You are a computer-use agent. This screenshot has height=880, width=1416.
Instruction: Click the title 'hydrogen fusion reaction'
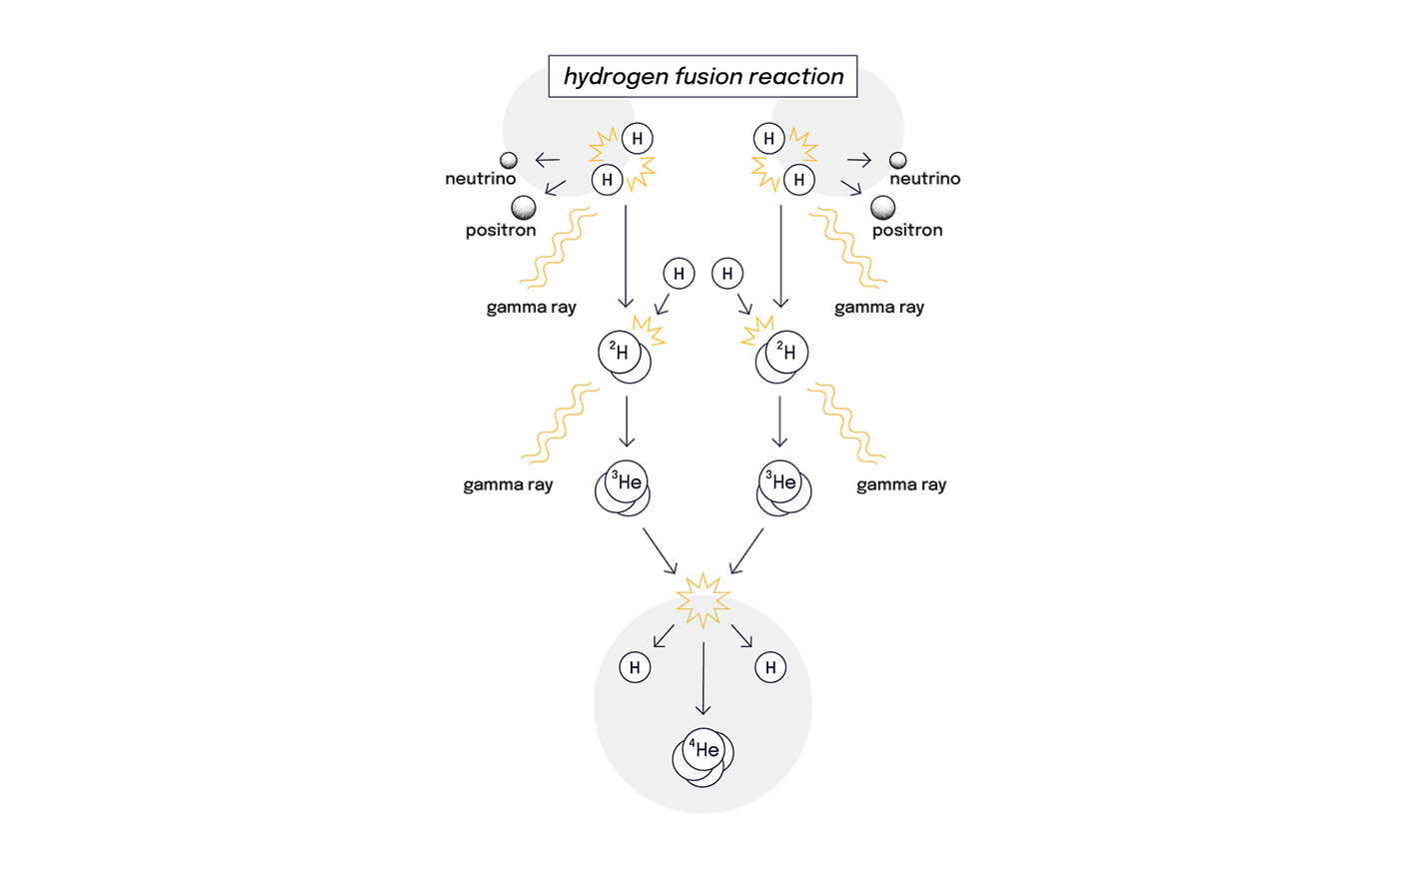(x=703, y=76)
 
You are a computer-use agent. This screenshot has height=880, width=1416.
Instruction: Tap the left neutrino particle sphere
(x=509, y=160)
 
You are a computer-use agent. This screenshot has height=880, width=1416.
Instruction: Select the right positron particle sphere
(x=882, y=208)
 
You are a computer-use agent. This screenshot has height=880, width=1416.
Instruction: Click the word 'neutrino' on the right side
(x=924, y=179)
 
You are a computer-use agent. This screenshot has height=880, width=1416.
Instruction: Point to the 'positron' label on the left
(x=501, y=230)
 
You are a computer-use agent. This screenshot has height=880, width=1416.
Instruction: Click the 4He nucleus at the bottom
(x=704, y=756)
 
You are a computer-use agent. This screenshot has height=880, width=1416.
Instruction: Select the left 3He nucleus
(x=623, y=487)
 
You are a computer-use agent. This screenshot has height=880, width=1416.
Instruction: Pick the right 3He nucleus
(x=784, y=487)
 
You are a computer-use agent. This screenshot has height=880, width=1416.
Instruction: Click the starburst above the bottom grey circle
(x=703, y=600)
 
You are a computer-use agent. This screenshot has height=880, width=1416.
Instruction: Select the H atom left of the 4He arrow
(x=635, y=667)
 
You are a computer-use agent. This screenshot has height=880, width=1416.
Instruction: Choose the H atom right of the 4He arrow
(x=770, y=667)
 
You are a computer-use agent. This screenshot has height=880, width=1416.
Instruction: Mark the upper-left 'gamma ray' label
(x=531, y=307)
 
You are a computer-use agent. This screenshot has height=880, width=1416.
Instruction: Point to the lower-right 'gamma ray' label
(x=900, y=484)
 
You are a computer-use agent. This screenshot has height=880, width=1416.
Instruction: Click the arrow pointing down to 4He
(x=704, y=678)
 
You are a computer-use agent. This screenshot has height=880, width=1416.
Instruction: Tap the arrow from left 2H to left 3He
(x=627, y=422)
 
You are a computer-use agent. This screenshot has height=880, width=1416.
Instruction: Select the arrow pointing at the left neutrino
(x=547, y=160)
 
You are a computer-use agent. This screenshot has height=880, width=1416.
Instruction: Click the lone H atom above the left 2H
(x=679, y=274)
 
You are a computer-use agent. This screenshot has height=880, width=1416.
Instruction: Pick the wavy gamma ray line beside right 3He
(x=845, y=424)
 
